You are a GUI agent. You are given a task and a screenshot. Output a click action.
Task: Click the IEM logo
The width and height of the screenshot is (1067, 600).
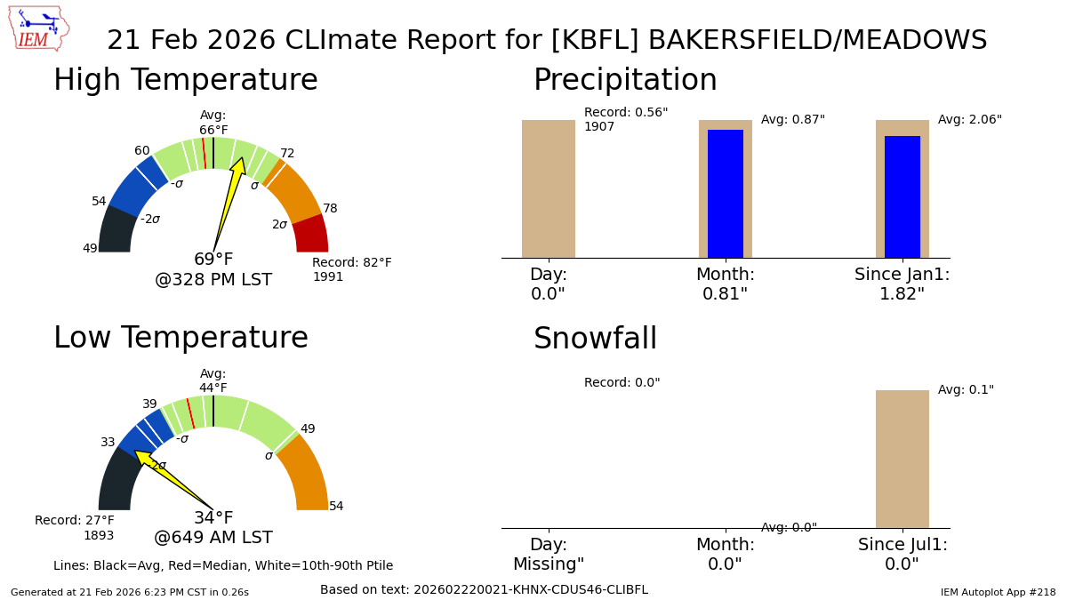(x=39, y=28)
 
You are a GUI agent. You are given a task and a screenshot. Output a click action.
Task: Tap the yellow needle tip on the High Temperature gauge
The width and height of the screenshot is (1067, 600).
(x=243, y=157)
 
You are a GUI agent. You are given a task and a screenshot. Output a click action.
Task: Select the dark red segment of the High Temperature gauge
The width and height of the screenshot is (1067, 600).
(x=311, y=234)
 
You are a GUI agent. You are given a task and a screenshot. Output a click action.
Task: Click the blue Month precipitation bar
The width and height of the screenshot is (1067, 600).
(x=726, y=194)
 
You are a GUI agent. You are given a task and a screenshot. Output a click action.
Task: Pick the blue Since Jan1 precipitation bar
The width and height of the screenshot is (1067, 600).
(x=903, y=197)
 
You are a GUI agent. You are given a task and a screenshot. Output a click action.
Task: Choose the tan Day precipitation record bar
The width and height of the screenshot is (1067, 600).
(x=549, y=189)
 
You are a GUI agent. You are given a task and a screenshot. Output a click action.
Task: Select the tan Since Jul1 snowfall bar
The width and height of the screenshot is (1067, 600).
(x=903, y=459)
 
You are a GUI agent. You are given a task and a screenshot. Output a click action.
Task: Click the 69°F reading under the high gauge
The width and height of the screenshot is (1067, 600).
(x=213, y=259)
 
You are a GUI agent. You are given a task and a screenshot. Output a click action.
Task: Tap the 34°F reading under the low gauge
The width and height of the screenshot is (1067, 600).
(x=213, y=517)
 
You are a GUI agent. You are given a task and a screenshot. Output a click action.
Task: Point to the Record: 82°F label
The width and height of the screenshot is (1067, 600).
(x=351, y=262)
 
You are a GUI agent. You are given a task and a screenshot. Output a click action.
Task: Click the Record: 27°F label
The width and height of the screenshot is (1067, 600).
(x=75, y=520)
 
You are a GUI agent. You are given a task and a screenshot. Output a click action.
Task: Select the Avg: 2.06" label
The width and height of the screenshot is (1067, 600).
(x=970, y=119)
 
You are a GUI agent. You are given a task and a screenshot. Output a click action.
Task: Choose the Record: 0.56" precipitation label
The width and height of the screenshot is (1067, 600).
(x=626, y=112)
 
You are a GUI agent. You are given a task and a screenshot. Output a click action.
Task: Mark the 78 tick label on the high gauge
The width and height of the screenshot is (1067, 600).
(x=330, y=208)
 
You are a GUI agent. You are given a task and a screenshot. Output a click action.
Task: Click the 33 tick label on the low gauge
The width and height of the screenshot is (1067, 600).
(x=108, y=443)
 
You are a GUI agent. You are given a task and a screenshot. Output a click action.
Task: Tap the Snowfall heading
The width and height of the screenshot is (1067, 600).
(x=595, y=338)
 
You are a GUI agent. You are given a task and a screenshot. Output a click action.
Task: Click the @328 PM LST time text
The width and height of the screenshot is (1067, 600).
(x=213, y=279)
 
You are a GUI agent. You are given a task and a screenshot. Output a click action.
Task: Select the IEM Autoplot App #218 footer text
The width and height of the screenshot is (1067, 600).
(x=998, y=592)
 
